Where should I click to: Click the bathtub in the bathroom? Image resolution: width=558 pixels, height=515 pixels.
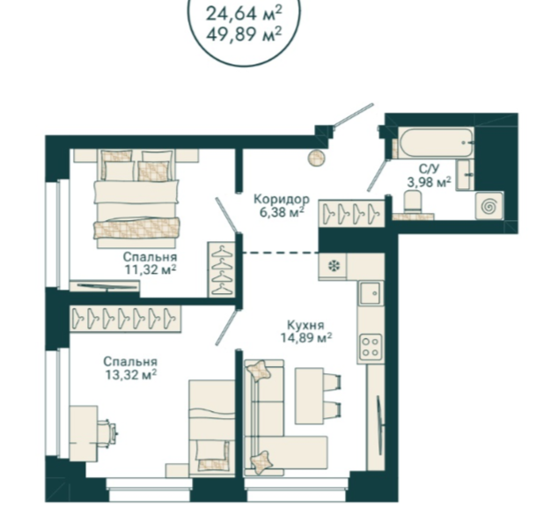[436, 143]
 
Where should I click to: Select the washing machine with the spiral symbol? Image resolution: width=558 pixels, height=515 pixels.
[489, 206]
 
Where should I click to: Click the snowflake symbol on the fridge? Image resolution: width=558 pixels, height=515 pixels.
[334, 266]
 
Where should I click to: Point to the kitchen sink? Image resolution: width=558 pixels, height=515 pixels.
[371, 293]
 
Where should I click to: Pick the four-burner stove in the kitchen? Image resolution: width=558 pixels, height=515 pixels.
[371, 347]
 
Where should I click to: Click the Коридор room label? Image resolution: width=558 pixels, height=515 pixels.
[282, 199]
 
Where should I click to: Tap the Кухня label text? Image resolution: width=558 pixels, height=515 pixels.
[305, 326]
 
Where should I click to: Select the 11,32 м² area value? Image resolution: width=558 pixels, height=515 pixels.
[151, 269]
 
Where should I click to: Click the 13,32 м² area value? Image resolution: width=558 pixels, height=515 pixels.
[130, 374]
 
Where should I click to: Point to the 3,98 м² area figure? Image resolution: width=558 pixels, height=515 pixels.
[430, 182]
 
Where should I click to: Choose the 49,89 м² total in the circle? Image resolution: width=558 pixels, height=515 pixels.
[244, 34]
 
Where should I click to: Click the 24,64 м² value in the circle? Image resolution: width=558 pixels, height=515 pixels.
[244, 14]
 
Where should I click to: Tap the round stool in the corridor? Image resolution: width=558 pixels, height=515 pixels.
[316, 158]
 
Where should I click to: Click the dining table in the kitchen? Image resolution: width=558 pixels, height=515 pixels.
[309, 396]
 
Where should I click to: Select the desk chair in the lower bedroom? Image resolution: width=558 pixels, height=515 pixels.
[107, 433]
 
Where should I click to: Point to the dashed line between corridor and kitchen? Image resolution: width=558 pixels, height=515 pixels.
[281, 253]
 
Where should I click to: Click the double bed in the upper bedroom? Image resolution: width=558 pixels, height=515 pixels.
[136, 198]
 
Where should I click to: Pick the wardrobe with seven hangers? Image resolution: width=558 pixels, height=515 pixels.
[125, 318]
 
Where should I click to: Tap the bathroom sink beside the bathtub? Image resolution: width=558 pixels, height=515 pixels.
[465, 175]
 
